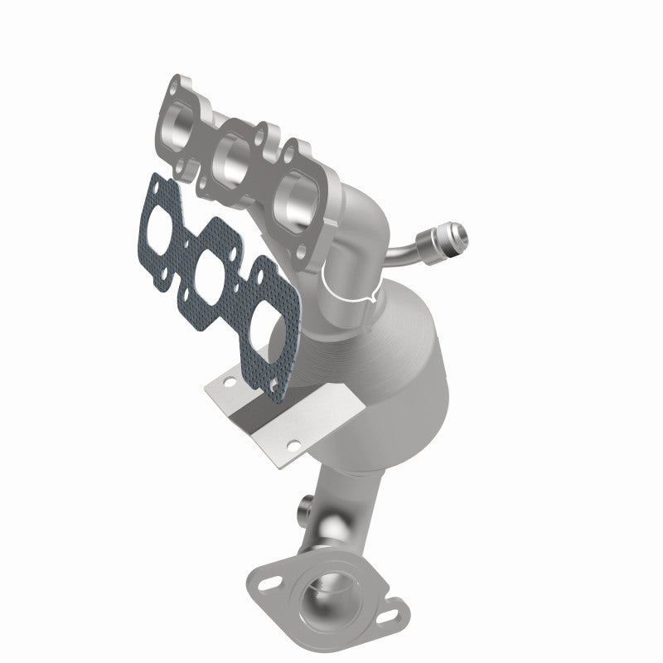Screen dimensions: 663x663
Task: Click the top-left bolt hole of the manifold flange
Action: coord(176,86)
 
